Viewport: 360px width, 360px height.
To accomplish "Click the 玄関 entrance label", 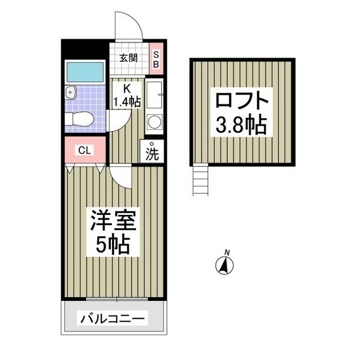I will [x=128, y=57].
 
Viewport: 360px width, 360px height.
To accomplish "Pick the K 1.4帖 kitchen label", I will [x=127, y=95].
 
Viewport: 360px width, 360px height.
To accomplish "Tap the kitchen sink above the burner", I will [x=154, y=94].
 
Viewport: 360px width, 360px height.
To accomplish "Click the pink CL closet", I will [x=84, y=150].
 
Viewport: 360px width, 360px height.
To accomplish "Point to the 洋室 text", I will [x=112, y=222].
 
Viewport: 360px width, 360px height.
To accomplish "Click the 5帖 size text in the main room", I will [x=112, y=245].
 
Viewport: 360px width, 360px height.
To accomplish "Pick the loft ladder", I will [x=201, y=180].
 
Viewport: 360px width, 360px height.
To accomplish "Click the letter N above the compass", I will [x=226, y=251].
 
